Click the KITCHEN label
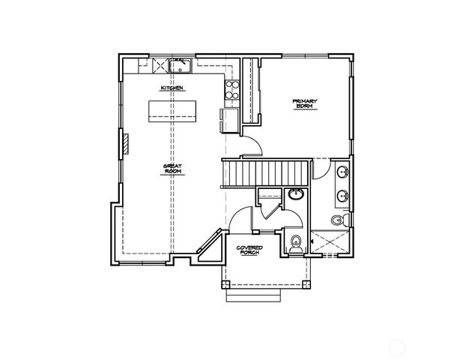[172, 89]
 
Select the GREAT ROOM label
[173, 169]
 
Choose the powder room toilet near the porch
[297, 241]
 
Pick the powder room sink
[296, 196]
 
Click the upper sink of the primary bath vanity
[342, 172]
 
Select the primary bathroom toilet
[337, 219]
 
